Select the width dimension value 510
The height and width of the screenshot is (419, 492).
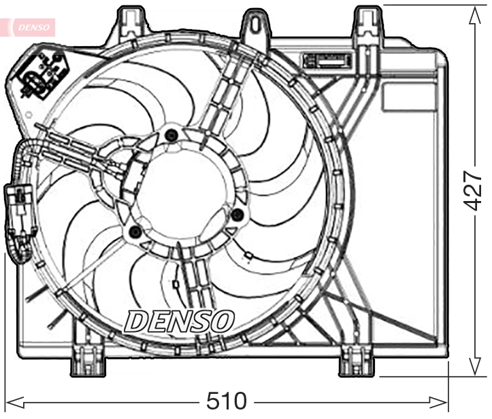[x=227, y=401]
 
